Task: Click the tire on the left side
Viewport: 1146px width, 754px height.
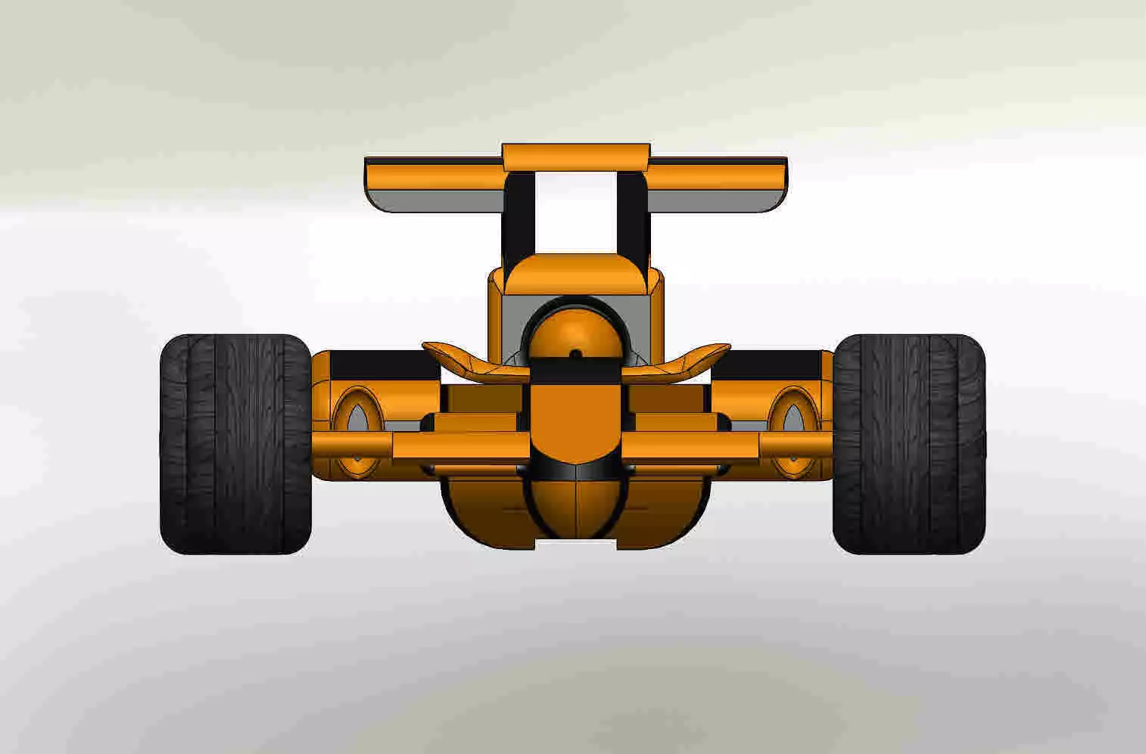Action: (x=235, y=445)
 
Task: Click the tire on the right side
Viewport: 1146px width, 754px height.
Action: (x=908, y=445)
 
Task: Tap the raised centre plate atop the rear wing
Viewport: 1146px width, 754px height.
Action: (x=575, y=157)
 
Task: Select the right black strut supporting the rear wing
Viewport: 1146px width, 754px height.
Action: (x=632, y=216)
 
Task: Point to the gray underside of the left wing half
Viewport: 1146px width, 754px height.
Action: (x=435, y=200)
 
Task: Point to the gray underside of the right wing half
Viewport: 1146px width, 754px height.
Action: (x=715, y=200)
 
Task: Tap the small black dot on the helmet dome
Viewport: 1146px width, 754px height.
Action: (x=575, y=354)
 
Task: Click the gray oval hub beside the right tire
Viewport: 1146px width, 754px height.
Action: (x=793, y=420)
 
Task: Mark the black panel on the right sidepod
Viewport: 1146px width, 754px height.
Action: (x=768, y=365)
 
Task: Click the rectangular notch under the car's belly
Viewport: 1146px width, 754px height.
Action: (x=576, y=544)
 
